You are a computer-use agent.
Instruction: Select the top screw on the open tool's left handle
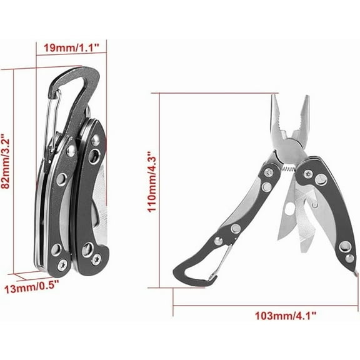269,171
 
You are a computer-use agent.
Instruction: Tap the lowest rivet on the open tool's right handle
349,258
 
